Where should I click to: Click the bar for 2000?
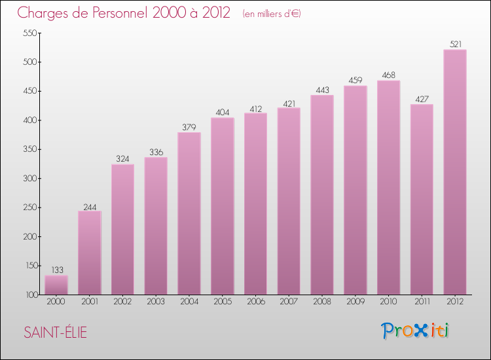(56, 285)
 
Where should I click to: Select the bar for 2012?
(455, 172)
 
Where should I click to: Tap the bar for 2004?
(189, 213)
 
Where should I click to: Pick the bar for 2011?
(422, 199)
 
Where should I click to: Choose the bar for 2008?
(322, 194)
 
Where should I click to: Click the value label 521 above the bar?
(455, 45)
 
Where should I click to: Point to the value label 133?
(56, 270)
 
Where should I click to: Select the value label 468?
(389, 75)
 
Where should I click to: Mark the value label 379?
(189, 127)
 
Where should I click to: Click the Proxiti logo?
(416, 331)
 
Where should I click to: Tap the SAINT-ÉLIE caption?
(55, 333)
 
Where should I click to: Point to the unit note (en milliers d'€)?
(271, 14)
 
